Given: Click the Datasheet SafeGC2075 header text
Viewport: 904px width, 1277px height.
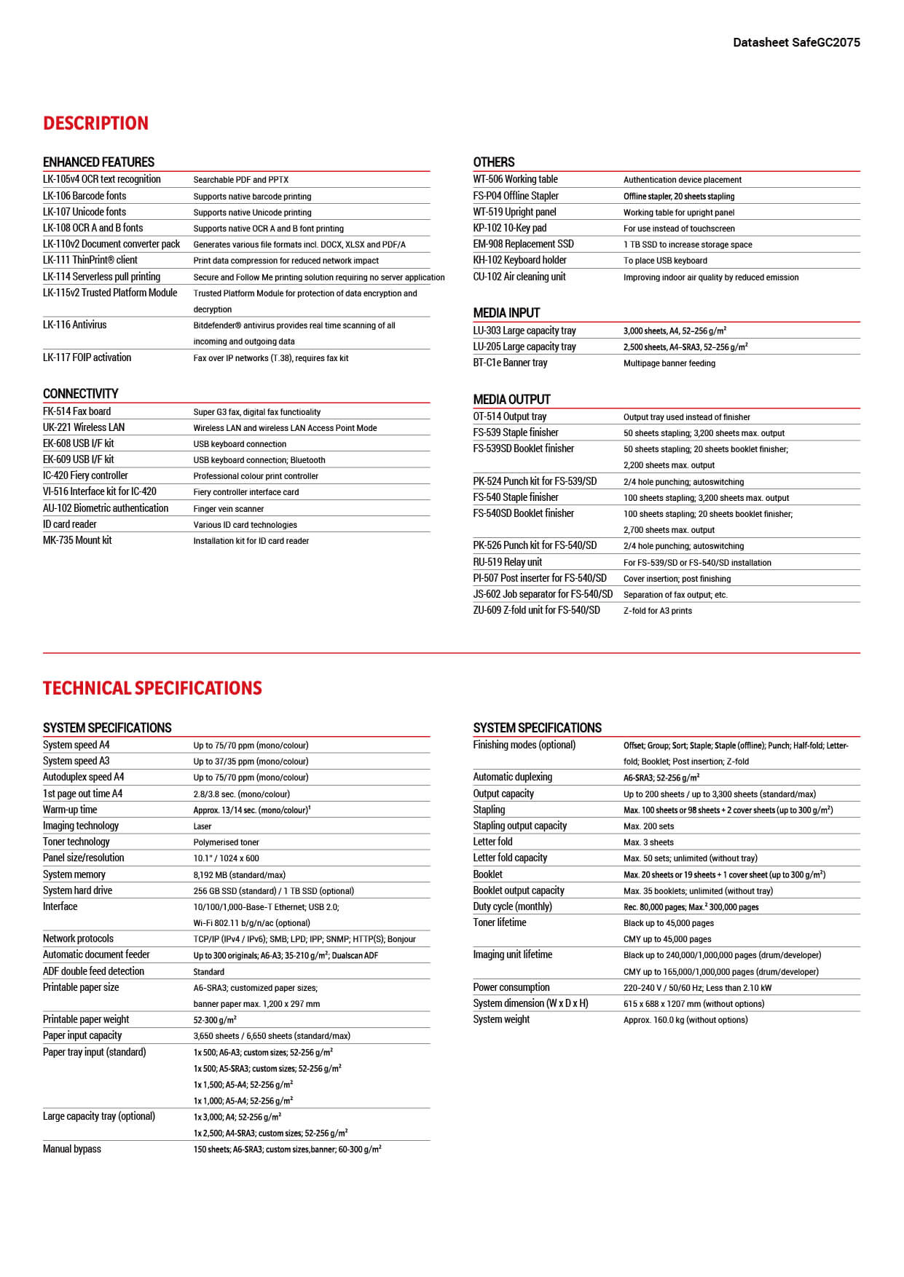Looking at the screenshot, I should coord(796,42).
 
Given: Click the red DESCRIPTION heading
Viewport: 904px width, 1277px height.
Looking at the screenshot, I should coord(95,123).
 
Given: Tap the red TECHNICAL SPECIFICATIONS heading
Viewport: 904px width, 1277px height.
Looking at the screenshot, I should coord(152,688).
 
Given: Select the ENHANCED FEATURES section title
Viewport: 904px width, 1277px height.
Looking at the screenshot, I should coord(98,162).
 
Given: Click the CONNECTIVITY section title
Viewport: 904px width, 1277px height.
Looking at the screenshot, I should coord(80,393).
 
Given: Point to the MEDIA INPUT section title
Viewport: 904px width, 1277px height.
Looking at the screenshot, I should coord(506,312).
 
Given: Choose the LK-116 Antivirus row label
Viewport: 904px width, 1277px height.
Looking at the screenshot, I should coord(74,325).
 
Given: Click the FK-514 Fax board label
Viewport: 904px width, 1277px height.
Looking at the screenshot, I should coord(76,411).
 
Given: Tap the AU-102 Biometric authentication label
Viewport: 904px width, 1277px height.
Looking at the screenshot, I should coord(106,508).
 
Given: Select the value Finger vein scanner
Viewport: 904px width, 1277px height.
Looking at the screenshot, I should coord(229,509).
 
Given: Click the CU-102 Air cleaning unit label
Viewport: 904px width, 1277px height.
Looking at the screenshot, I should coord(519,277).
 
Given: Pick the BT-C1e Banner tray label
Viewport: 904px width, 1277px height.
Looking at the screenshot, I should coord(510,363).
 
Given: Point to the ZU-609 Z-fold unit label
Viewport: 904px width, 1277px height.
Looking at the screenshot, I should coord(536,610).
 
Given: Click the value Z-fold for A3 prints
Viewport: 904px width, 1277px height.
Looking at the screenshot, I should coord(658,611).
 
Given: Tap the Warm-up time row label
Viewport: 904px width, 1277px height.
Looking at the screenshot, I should coord(70,810).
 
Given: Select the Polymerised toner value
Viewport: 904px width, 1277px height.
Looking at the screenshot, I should coord(226,842).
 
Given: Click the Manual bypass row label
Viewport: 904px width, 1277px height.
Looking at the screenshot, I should coord(72,1149).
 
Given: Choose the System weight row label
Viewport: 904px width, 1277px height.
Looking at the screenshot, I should coord(501,1019).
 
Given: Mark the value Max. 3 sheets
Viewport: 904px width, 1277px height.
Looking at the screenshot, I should coord(648,842).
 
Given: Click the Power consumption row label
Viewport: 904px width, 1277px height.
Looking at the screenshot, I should coord(511,987).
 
